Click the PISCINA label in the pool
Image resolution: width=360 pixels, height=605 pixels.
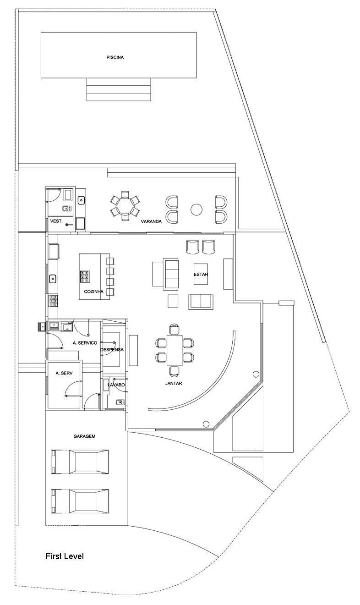point(115,58)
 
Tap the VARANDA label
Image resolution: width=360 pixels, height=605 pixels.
point(151,221)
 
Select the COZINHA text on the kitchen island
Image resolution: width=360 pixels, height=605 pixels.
point(93,291)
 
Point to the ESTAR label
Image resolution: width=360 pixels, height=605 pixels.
point(201,274)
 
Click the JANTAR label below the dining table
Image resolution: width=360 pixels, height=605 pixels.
point(174,383)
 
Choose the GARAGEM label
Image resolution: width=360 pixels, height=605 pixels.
point(84,436)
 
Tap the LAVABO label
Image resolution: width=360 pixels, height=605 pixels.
point(116,385)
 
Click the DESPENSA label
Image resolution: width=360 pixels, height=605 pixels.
point(112,350)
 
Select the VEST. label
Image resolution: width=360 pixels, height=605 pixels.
point(56,221)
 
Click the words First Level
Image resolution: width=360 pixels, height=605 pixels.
point(65,556)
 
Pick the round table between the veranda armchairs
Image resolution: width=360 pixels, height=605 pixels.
point(196,209)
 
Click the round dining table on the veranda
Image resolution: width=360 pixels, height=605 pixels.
point(125,206)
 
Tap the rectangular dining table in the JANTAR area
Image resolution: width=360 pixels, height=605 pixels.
point(175,350)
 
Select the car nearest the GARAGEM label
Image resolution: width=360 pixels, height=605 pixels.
point(80,462)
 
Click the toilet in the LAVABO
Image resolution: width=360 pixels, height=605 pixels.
point(119,402)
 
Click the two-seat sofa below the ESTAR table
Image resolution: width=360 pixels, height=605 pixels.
point(201,301)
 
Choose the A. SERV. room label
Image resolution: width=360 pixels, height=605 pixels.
point(65,373)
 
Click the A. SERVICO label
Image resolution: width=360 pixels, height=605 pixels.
point(85,343)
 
